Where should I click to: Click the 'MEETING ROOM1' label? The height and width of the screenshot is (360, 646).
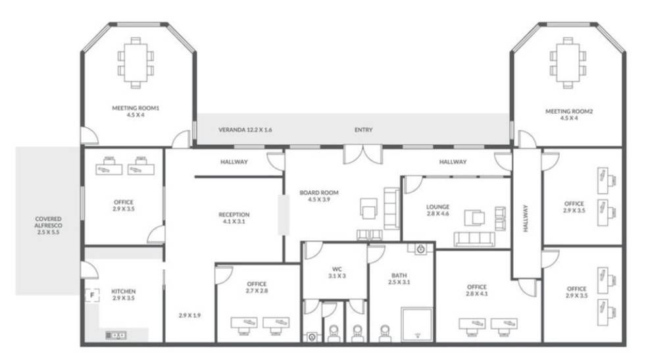point(136,108)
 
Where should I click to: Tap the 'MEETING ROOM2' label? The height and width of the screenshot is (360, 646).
point(569,111)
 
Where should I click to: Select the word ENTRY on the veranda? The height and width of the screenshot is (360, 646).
point(363,130)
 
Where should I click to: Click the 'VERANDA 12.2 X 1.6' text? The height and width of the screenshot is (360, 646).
point(245,130)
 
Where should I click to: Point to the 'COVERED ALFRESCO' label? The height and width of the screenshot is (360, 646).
point(48,222)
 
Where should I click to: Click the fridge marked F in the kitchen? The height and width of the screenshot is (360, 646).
point(92,295)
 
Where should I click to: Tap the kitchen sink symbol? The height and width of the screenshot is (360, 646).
point(116,335)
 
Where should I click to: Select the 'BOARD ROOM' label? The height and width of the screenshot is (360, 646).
point(319,193)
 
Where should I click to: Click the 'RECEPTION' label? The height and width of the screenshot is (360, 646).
point(234,215)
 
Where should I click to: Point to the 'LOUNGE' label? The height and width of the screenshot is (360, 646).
point(438,207)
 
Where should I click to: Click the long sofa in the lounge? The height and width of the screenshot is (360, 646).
point(474,239)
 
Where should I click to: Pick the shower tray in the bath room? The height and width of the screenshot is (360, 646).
point(417,324)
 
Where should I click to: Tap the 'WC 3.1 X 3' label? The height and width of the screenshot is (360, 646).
point(337,272)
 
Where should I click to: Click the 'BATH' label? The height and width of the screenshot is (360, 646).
point(399,276)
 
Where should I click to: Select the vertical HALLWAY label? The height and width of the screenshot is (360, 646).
point(526,219)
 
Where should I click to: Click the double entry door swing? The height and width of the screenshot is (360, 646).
point(363,154)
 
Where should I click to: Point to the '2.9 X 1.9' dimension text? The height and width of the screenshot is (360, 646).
point(189,315)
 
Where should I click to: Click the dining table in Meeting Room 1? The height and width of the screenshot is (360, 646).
point(136,63)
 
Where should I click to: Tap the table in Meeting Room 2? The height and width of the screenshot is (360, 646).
point(568,63)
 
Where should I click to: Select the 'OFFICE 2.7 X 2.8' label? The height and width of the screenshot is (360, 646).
point(257,287)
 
